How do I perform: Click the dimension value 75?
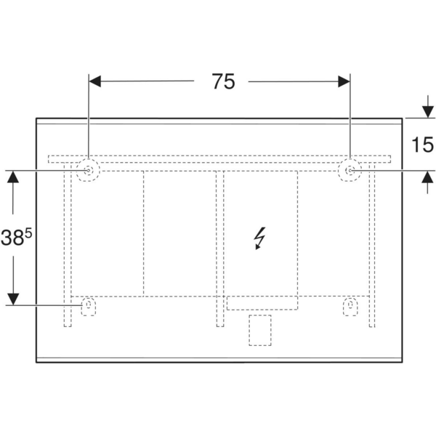[223, 81]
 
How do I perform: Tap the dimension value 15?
[422, 145]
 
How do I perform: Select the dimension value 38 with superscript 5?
[16, 238]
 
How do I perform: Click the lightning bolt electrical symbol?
[260, 238]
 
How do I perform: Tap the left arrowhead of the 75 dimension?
[94, 81]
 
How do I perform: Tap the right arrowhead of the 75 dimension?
[344, 81]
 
